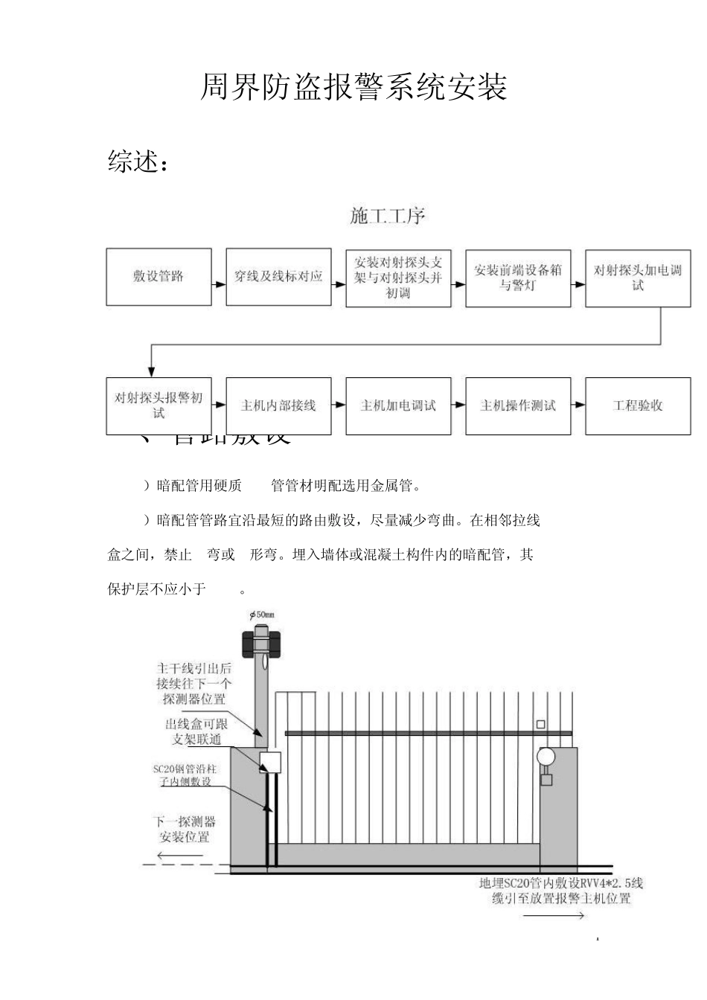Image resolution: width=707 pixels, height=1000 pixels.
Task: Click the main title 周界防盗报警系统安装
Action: pyautogui.click(x=353, y=88)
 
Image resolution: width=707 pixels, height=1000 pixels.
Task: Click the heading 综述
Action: pyautogui.click(x=137, y=161)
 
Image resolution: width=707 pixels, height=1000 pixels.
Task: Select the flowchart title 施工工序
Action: pyautogui.click(x=388, y=217)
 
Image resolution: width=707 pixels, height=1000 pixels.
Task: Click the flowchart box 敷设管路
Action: pyautogui.click(x=159, y=277)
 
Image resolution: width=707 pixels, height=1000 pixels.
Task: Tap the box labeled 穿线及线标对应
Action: pyautogui.click(x=278, y=277)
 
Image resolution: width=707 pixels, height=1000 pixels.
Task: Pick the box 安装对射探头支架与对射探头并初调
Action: pyautogui.click(x=398, y=278)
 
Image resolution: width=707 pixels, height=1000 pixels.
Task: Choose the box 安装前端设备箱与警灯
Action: pyautogui.click(x=518, y=278)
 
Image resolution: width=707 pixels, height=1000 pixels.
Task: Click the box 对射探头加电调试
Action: pyautogui.click(x=638, y=278)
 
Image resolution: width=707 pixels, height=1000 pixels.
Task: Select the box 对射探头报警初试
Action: pyautogui.click(x=159, y=406)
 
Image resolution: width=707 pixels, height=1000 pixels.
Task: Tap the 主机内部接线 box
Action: pyautogui.click(x=278, y=406)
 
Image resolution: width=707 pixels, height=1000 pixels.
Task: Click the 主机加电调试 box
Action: pyautogui.click(x=398, y=406)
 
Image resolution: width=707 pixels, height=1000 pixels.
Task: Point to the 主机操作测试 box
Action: pyautogui.click(x=518, y=406)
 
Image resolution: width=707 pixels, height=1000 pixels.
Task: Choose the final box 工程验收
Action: pyautogui.click(x=638, y=406)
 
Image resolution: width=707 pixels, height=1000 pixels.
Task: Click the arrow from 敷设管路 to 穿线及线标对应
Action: pyautogui.click(x=219, y=283)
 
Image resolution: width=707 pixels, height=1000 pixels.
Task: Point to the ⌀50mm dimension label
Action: pyautogui.click(x=262, y=615)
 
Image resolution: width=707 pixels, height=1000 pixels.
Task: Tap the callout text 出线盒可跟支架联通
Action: pyautogui.click(x=196, y=731)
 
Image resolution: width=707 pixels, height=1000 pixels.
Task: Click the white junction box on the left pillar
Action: pyautogui.click(x=270, y=762)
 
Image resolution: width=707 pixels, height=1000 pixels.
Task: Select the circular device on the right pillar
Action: pyautogui.click(x=546, y=757)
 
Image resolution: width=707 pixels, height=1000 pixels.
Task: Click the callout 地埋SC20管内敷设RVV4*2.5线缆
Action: pyautogui.click(x=561, y=891)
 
